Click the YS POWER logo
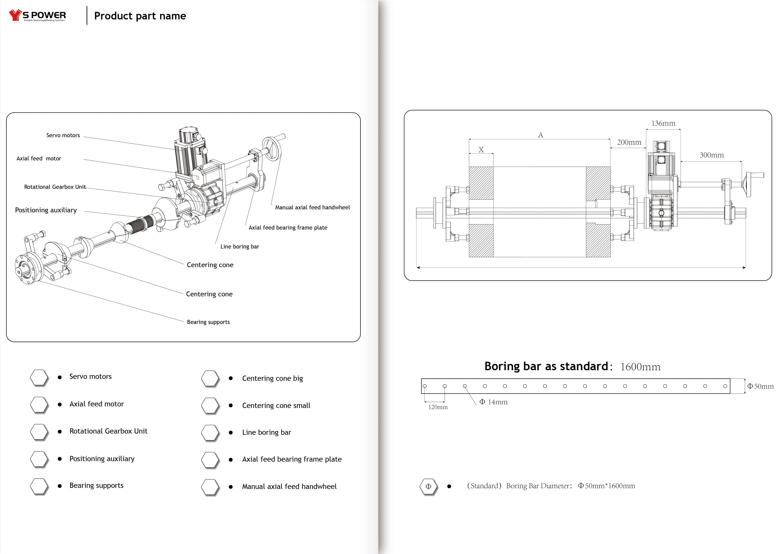[x=38, y=15]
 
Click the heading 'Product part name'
[x=140, y=16]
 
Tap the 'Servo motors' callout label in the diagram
[x=63, y=135]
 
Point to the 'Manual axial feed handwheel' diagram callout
[x=312, y=207]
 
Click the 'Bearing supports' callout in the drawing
[x=208, y=322]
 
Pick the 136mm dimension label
[x=663, y=123]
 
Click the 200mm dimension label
[x=629, y=142]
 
